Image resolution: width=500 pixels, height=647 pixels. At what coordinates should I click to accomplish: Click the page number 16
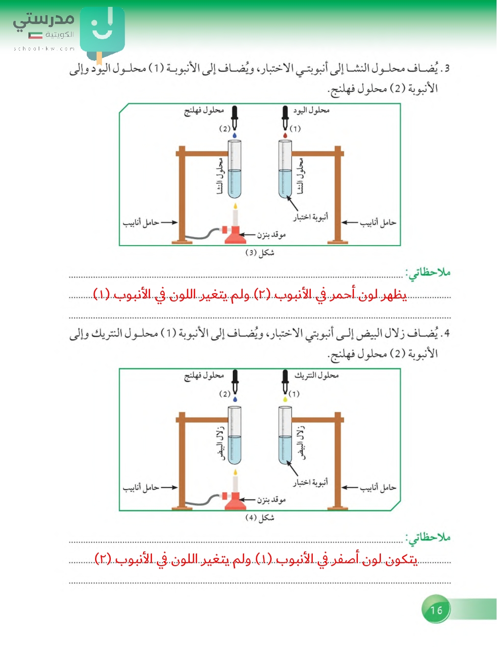tap(436, 610)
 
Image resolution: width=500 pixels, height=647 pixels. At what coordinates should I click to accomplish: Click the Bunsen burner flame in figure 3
tap(235, 207)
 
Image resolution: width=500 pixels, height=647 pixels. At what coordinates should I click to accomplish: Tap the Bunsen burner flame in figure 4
tap(235, 473)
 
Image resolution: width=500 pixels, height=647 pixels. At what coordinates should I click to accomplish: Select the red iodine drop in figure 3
tap(285, 135)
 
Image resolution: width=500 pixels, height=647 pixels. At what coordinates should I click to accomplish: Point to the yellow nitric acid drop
tap(285, 399)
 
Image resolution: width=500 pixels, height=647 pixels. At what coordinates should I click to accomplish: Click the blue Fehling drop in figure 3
tap(235, 135)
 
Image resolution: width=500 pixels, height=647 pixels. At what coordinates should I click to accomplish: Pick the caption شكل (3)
tap(259, 253)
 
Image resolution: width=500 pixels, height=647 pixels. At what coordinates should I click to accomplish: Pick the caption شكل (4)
tap(259, 518)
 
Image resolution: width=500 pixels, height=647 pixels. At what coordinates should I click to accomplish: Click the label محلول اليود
tap(311, 111)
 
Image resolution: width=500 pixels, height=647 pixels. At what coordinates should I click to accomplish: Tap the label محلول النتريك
tap(316, 375)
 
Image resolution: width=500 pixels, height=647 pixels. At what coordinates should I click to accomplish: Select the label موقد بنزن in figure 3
tap(271, 235)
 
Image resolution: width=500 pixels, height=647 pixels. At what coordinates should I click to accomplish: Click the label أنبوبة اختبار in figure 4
tap(310, 483)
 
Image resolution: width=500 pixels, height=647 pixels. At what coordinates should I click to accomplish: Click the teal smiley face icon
tap(102, 29)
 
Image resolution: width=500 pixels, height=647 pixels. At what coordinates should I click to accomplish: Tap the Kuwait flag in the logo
tap(35, 35)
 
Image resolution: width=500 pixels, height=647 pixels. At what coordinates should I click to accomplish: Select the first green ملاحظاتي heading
tap(428, 273)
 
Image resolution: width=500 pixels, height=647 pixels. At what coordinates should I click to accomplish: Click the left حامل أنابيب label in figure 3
tap(141, 223)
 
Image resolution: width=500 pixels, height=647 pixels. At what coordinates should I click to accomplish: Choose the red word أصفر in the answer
tap(344, 559)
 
